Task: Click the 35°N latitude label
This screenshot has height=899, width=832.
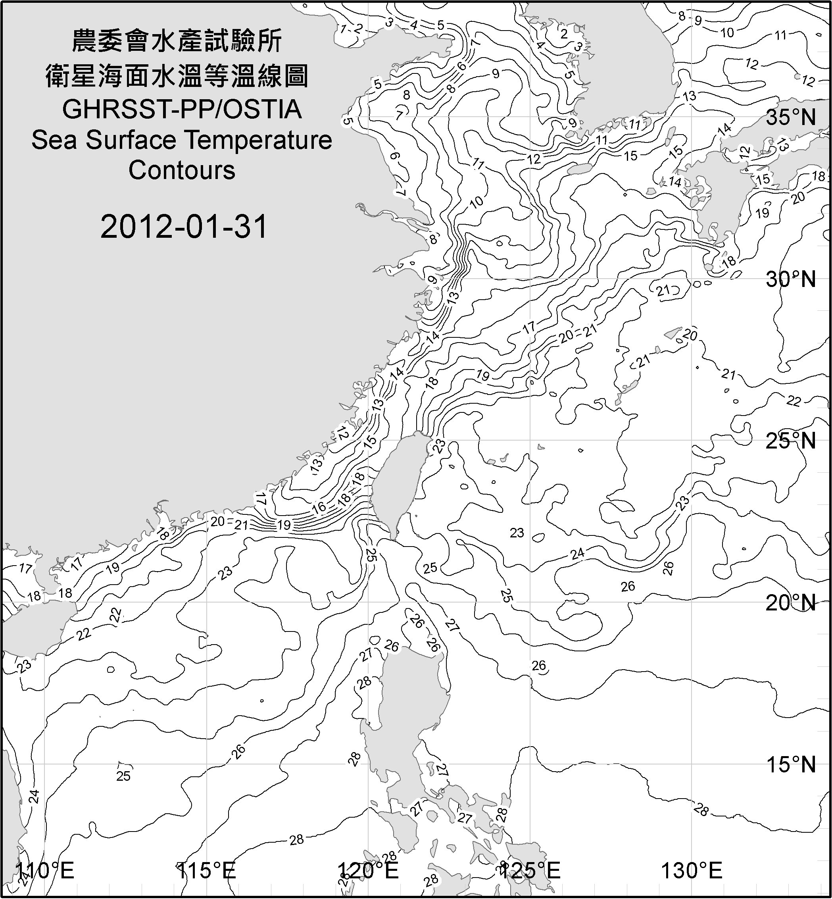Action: point(791,117)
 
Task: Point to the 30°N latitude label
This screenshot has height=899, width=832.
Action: point(791,280)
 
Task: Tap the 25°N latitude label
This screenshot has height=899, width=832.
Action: point(791,441)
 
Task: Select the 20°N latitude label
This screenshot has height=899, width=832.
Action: point(791,603)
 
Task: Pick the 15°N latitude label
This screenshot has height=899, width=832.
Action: point(791,764)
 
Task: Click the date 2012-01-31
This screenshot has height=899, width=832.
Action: point(184,227)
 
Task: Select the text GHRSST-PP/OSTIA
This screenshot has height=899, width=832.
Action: point(182,110)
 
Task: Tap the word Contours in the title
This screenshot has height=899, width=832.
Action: point(182,170)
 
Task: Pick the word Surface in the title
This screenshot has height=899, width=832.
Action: point(131,140)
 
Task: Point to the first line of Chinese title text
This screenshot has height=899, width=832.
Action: point(177,40)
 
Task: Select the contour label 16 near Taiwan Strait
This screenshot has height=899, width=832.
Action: point(319,507)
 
